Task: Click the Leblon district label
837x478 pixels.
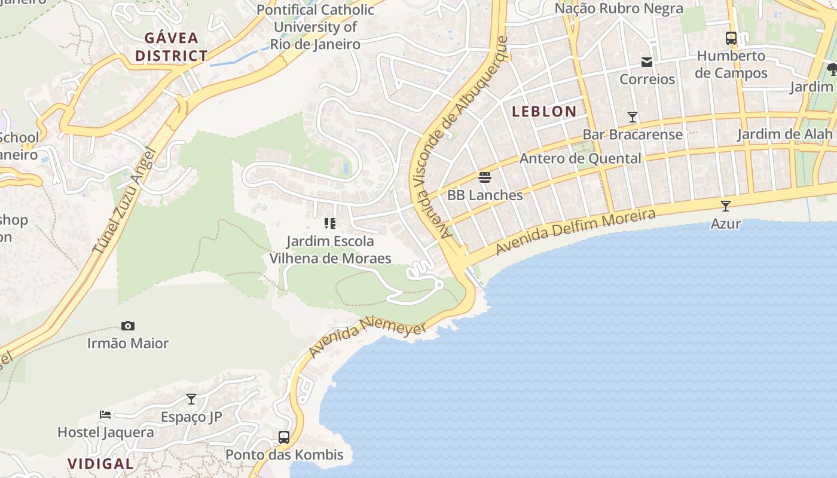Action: (x=544, y=111)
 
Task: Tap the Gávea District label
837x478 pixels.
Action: (x=171, y=47)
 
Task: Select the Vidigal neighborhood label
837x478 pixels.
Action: (x=100, y=464)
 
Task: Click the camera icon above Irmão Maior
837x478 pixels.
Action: (x=128, y=326)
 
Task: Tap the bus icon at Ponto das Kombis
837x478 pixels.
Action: (x=284, y=437)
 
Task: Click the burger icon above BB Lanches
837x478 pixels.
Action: (x=485, y=177)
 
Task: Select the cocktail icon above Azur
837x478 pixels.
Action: (x=726, y=206)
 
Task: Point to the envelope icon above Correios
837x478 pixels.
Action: (x=647, y=62)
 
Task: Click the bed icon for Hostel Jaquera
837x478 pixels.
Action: (x=105, y=414)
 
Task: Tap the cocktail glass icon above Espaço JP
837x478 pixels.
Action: (x=191, y=399)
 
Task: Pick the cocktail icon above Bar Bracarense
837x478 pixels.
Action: (x=633, y=117)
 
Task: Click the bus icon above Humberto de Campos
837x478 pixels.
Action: (x=731, y=38)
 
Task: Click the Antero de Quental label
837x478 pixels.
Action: (x=580, y=158)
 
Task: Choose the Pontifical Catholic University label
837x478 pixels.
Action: (x=315, y=27)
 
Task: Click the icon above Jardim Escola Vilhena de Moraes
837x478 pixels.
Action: (x=330, y=223)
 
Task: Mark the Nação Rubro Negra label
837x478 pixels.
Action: (x=619, y=8)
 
